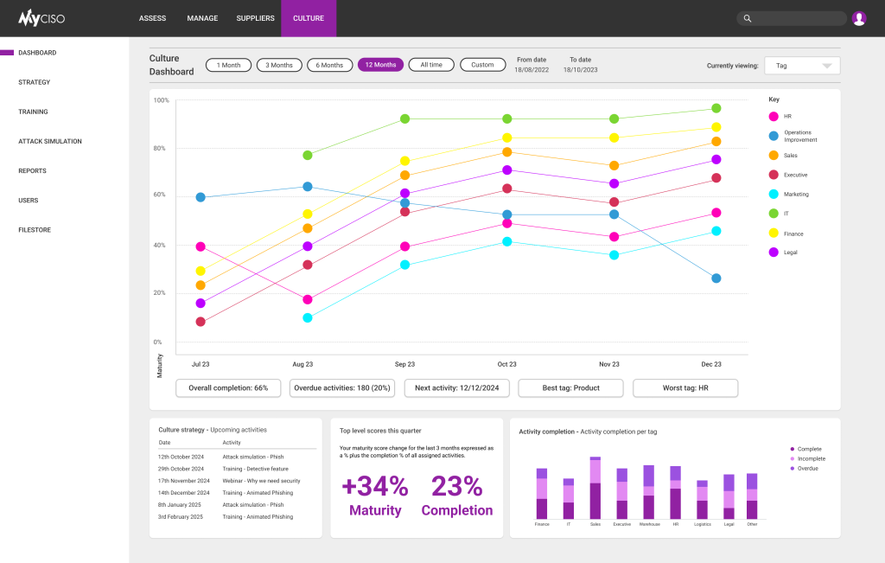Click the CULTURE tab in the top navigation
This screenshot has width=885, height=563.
point(309,18)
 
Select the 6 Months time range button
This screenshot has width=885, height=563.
point(329,65)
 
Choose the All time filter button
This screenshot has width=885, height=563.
point(431,65)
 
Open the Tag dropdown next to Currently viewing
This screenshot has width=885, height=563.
point(803,66)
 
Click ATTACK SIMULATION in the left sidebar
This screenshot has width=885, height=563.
point(50,141)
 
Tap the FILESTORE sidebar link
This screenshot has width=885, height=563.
point(35,230)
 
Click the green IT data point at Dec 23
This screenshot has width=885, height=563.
point(716,108)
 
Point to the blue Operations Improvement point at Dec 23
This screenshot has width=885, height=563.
point(716,278)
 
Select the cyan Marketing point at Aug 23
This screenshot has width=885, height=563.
point(307,318)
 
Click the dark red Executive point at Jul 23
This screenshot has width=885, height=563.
point(201,322)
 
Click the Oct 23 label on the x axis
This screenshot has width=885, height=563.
point(506,365)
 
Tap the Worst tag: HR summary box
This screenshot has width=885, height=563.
point(685,388)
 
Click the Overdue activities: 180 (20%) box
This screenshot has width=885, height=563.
point(342,388)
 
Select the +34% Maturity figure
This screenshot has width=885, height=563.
point(375,495)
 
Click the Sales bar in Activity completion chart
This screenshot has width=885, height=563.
point(595,489)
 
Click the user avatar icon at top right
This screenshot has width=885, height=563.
point(858,18)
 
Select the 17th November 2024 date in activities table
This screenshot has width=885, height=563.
point(183,481)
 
